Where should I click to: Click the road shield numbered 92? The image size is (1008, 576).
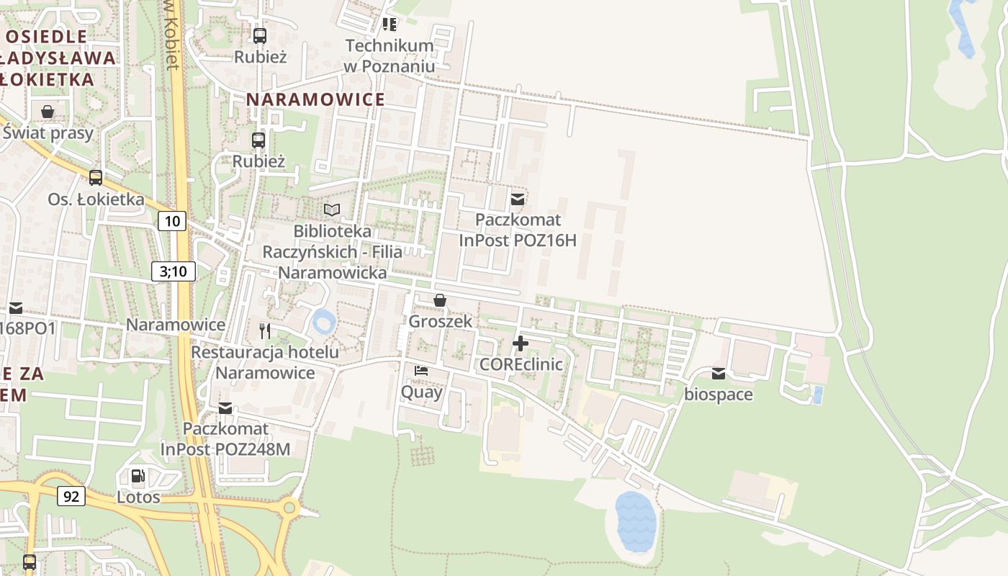click(71, 495)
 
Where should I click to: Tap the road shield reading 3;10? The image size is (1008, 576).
click(174, 271)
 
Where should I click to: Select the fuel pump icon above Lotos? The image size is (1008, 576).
click(138, 476)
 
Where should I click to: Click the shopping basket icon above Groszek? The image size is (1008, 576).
click(440, 300)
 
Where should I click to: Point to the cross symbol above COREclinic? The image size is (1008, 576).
click(521, 343)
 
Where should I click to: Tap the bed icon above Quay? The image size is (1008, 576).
click(421, 371)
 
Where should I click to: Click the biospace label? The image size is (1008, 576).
click(718, 395)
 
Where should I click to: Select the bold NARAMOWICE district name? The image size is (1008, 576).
click(316, 99)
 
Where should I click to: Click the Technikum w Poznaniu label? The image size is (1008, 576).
click(390, 55)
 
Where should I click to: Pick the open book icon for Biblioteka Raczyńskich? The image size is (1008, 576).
click(332, 210)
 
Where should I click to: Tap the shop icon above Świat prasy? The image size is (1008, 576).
click(48, 112)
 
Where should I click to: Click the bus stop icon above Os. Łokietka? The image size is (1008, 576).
click(96, 178)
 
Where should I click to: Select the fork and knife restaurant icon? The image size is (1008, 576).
click(265, 330)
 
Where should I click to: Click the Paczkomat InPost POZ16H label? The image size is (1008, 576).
click(518, 230)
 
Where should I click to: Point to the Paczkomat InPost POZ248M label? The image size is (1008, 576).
click(225, 438)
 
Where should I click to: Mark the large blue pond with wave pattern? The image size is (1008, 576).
click(636, 521)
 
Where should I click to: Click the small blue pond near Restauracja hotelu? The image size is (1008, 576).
click(324, 321)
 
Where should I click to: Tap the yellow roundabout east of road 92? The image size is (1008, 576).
click(289, 508)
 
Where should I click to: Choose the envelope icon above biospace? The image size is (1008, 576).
click(719, 374)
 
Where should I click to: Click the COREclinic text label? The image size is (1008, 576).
click(521, 364)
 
